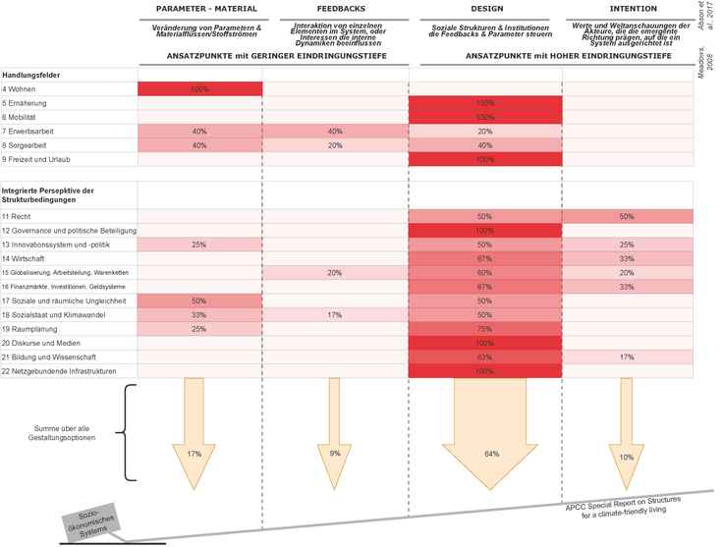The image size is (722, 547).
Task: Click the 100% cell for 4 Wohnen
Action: click(199, 89)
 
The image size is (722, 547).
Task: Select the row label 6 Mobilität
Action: click(25, 117)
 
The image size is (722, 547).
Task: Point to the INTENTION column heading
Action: click(626, 9)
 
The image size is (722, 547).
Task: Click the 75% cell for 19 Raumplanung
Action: click(484, 329)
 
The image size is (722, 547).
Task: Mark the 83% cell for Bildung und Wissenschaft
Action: click(484, 356)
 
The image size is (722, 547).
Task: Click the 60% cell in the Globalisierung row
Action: click(484, 272)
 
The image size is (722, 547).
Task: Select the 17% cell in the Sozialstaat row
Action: click(335, 314)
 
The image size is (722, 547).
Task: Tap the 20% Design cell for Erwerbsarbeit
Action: click(484, 131)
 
